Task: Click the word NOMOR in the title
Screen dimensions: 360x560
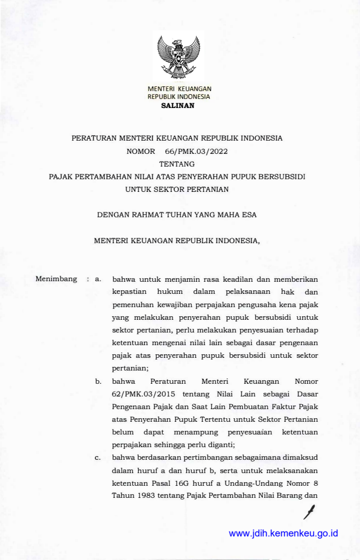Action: [141, 151]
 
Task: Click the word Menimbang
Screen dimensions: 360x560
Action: [57, 279]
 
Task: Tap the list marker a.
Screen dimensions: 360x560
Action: [98, 279]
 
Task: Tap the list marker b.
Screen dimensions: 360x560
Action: [98, 381]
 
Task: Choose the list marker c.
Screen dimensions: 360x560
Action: [98, 458]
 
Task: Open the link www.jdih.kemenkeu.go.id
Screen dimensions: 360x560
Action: [283, 533]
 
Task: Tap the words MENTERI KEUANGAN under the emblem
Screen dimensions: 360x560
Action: [179, 89]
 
